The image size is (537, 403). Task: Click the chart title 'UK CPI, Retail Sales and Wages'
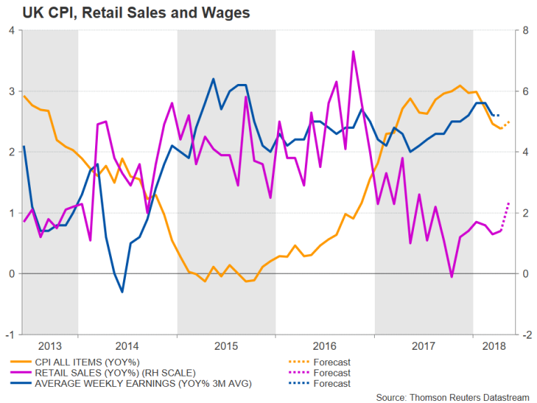127,13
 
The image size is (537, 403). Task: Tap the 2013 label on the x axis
50,346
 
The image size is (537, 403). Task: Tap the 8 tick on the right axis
523,31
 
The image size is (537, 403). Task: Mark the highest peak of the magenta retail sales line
353,51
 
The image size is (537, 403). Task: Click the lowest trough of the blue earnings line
122,292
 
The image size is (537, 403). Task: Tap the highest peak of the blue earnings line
213,79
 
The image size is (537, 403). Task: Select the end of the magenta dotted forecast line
509,202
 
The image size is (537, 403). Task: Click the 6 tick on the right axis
523,92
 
